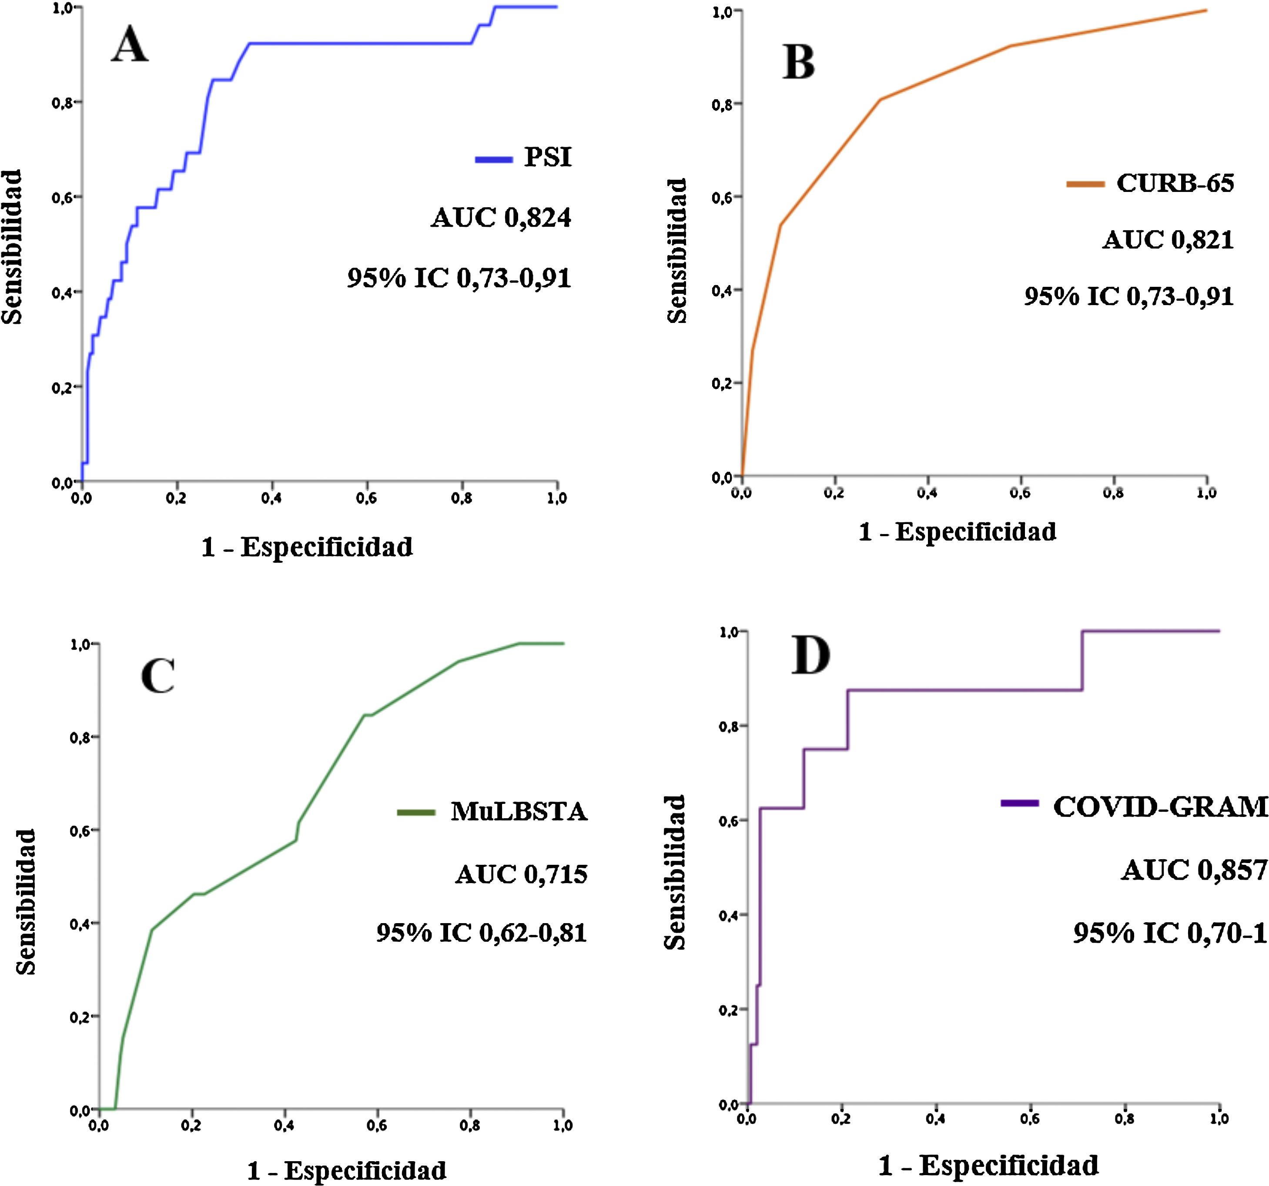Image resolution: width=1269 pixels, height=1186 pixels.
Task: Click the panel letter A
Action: [130, 46]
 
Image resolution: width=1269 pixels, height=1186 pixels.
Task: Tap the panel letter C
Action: [157, 676]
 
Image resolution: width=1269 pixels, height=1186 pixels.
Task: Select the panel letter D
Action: [810, 656]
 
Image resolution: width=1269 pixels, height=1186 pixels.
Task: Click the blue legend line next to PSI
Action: [493, 159]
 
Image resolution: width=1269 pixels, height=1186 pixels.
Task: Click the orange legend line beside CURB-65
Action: [1085, 185]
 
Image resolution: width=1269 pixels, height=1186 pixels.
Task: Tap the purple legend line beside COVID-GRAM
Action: [1019, 803]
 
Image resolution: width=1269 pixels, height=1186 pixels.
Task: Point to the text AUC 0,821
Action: [1168, 240]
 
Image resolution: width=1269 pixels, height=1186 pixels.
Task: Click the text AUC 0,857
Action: [1194, 870]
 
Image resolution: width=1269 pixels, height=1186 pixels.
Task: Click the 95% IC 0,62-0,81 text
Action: [481, 933]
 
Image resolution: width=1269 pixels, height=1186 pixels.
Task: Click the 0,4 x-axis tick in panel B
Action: [927, 493]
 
